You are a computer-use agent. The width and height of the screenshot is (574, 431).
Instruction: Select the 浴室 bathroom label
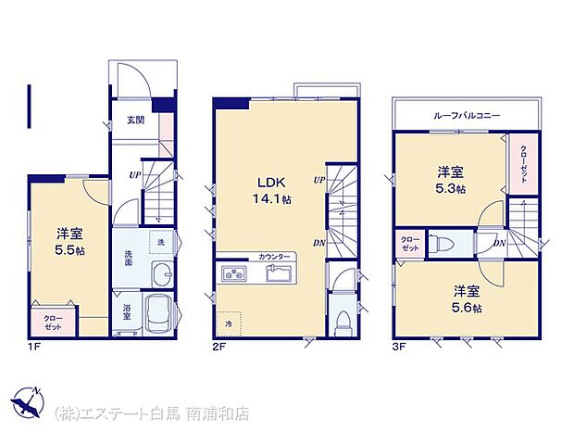(127, 311)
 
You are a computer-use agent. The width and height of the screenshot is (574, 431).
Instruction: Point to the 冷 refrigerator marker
(227, 323)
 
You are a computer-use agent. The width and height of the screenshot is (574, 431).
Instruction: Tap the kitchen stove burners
(232, 274)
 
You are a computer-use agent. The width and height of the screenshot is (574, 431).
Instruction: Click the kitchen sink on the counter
(278, 274)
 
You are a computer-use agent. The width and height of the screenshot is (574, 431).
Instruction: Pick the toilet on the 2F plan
(343, 321)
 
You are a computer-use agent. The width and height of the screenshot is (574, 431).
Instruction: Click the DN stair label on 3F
(499, 243)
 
